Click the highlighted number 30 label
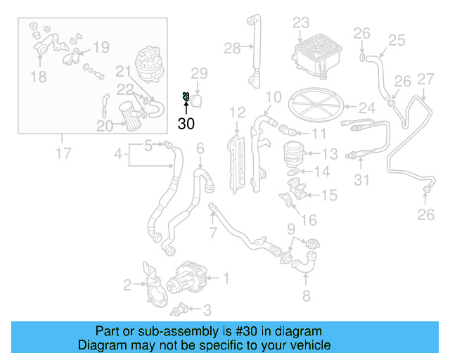pos(186,123)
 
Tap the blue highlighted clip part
pos(186,96)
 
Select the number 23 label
pos(301,23)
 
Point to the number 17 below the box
pos(64,152)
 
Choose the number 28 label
pos(233,48)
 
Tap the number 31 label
pos(361,181)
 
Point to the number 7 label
pos(214,233)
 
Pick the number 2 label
pos(127,285)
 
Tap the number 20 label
pos(104,127)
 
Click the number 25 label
pos(397,40)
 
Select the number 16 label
pos(309,221)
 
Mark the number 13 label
pos(330,153)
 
